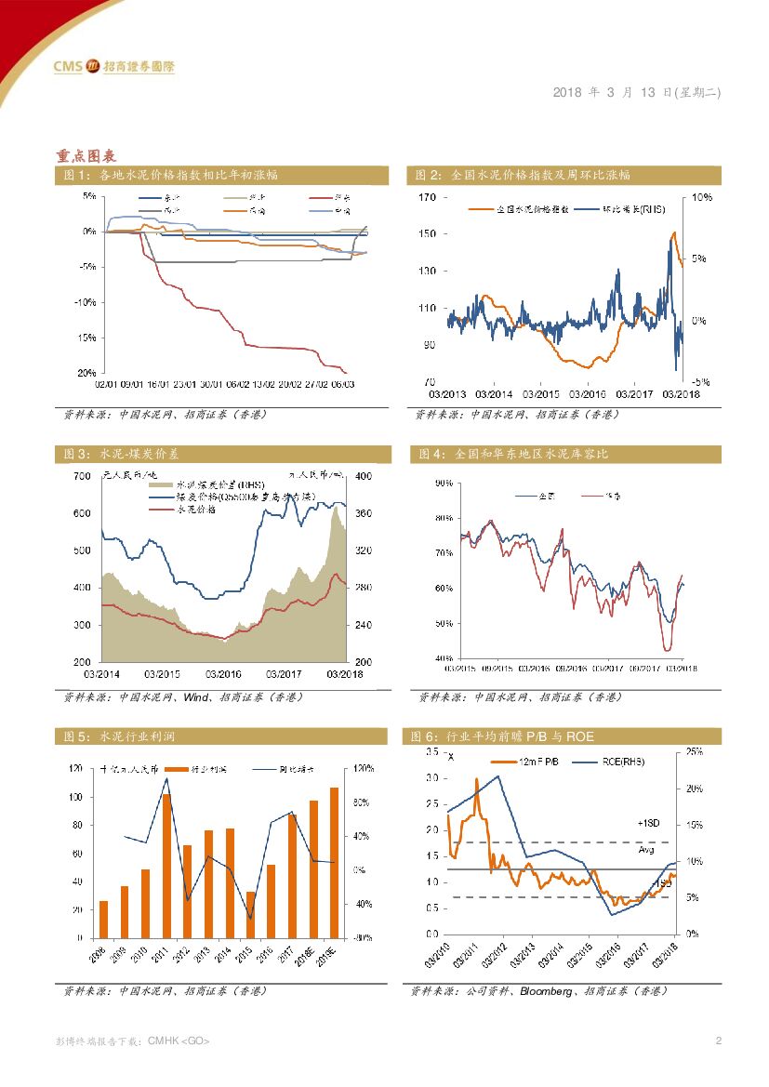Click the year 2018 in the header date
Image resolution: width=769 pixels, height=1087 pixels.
[567, 93]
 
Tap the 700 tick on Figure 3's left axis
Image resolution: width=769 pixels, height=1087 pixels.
[82, 476]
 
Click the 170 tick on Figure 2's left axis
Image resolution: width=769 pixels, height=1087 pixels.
[427, 198]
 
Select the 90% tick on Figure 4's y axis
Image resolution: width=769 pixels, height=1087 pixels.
[443, 484]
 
